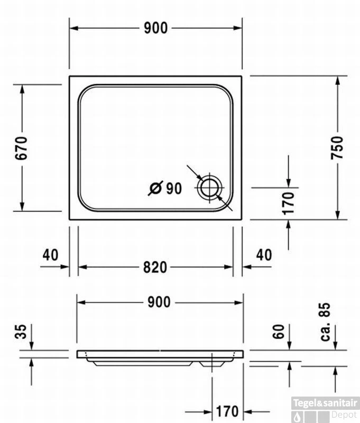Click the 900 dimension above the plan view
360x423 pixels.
pyautogui.click(x=155, y=28)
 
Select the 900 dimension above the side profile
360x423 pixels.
pyautogui.click(x=159, y=302)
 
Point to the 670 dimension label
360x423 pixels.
pyautogui.click(x=21, y=148)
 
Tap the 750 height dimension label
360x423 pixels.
pyautogui.click(x=337, y=148)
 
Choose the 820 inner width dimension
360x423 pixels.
pyautogui.click(x=155, y=268)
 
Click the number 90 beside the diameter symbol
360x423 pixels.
pyautogui.click(x=174, y=188)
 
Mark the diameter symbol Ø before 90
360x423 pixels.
pyautogui.click(x=155, y=188)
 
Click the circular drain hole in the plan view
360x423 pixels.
pyautogui.click(x=210, y=188)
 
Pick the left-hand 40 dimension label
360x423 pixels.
pyautogui.click(x=50, y=255)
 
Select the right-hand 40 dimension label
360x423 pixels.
pyautogui.click(x=264, y=255)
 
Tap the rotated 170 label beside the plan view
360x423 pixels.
pyautogui.click(x=288, y=204)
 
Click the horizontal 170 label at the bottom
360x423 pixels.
pyautogui.click(x=227, y=411)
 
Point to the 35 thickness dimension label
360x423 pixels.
pyautogui.click(x=21, y=332)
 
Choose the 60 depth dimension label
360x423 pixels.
pyautogui.click(x=279, y=332)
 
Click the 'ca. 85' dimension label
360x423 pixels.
pyautogui.click(x=325, y=322)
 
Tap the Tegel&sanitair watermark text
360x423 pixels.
pyautogui.click(x=325, y=403)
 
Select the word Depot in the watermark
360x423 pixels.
pyautogui.click(x=344, y=415)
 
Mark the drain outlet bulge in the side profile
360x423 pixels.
pyautogui.click(x=212, y=364)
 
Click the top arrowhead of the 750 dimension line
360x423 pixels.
pyautogui.click(x=338, y=81)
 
